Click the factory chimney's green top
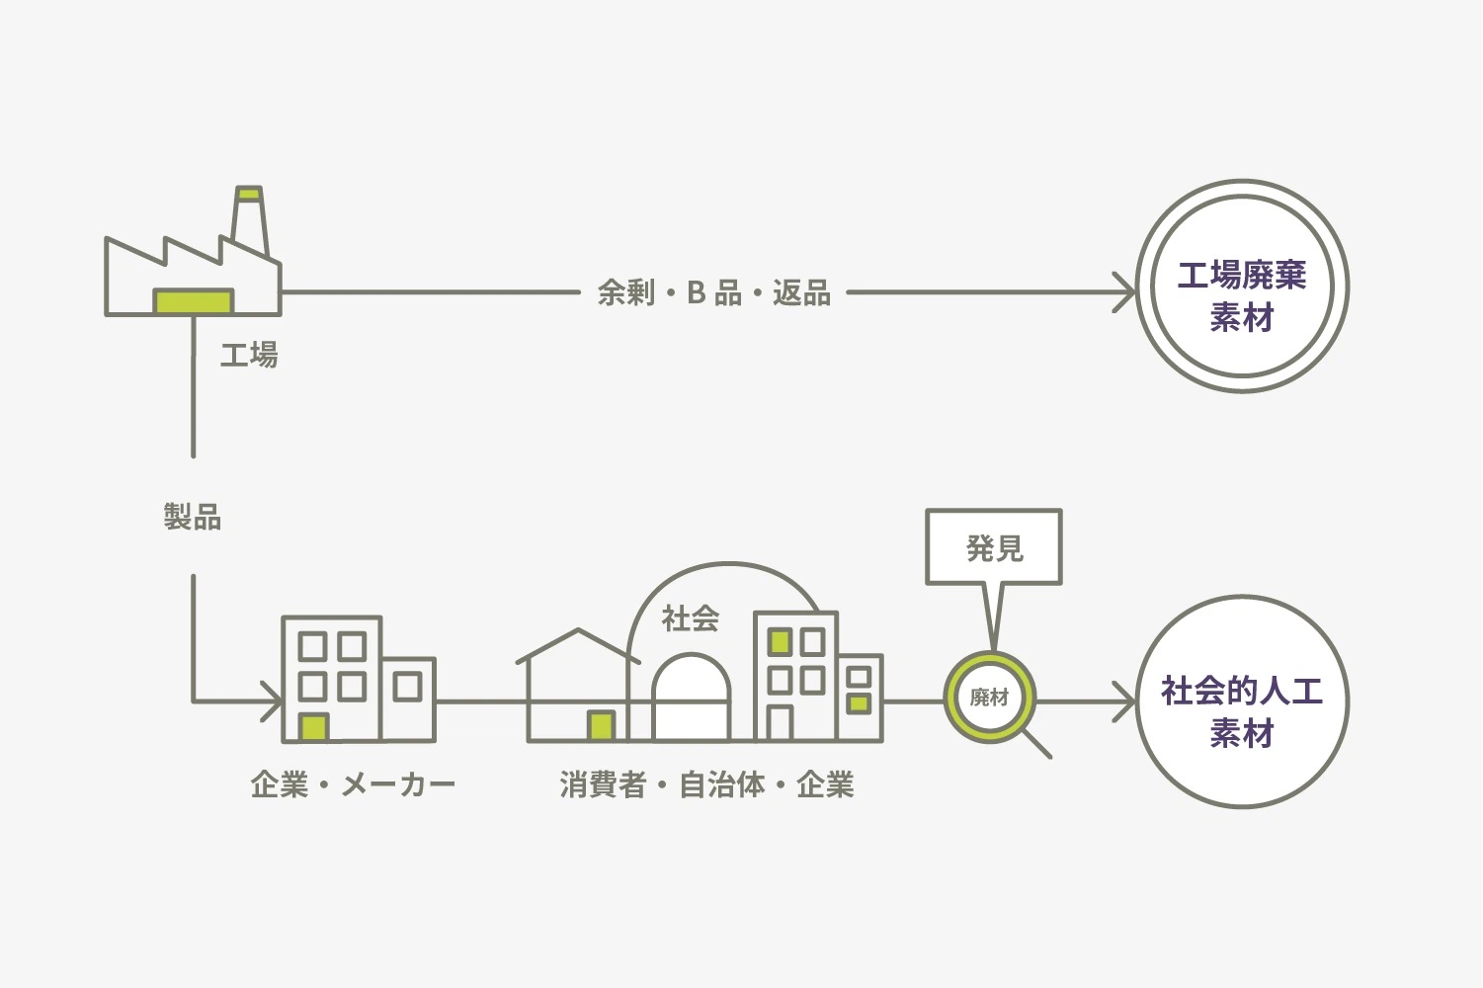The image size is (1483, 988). click(249, 193)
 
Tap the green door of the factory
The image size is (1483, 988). click(194, 300)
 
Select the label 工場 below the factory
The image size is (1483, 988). click(249, 355)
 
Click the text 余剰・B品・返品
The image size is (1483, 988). click(713, 293)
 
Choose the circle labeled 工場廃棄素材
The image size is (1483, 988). click(1242, 287)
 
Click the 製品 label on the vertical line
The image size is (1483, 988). click(193, 517)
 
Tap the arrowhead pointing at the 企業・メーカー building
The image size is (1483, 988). click(273, 702)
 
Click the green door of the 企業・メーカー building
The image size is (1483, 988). click(314, 727)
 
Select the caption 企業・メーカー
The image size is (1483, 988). click(353, 785)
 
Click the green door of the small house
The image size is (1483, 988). click(601, 726)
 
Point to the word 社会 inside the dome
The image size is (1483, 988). click(690, 619)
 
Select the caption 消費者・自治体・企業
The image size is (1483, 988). click(706, 785)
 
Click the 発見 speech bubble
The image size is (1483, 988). click(994, 547)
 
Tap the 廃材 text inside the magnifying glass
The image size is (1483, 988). click(989, 698)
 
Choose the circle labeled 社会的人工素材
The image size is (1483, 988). click(1242, 702)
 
